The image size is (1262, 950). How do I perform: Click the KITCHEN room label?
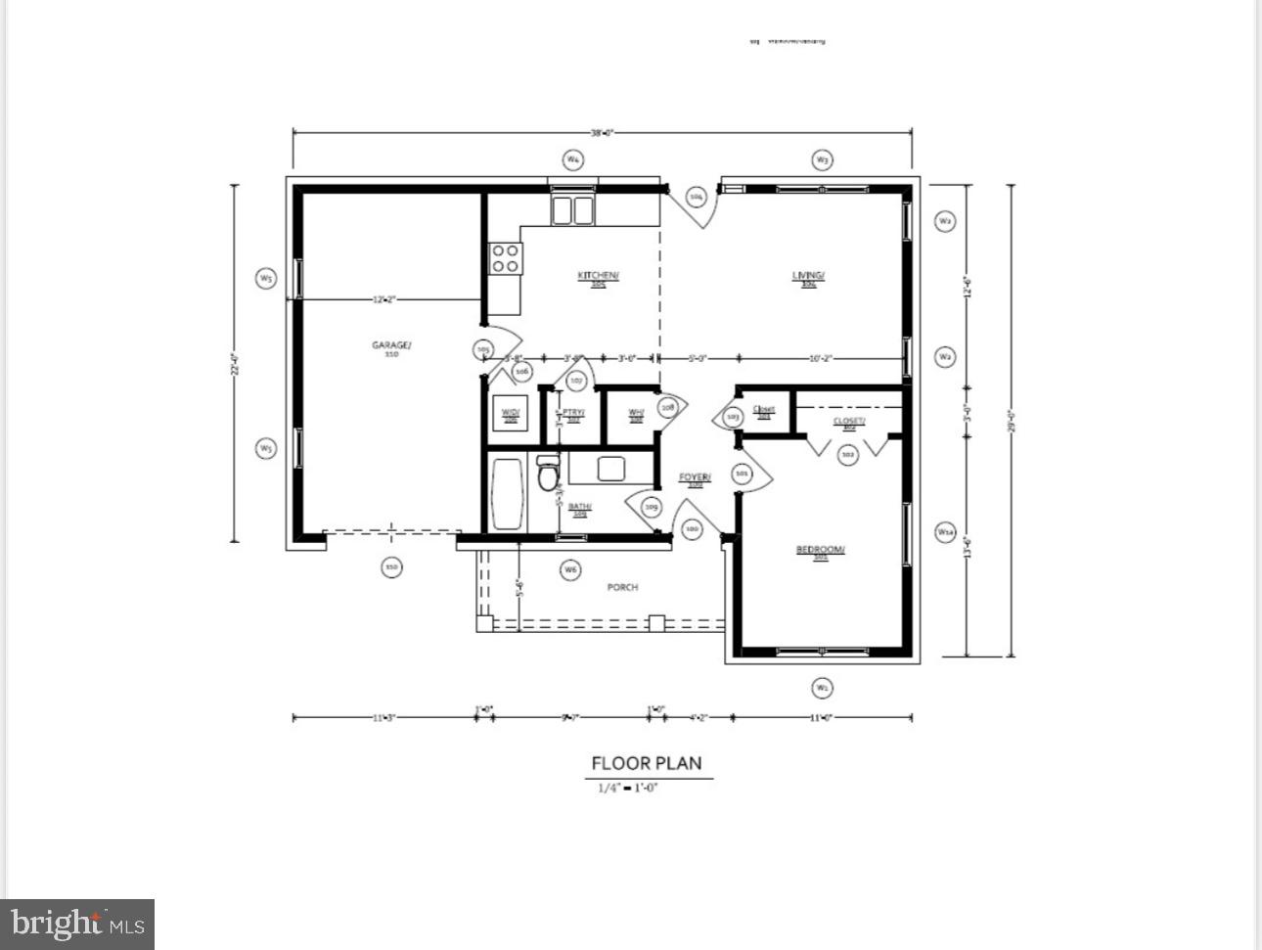tap(598, 277)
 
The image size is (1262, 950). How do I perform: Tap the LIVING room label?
tap(808, 277)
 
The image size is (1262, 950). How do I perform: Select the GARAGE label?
tap(391, 346)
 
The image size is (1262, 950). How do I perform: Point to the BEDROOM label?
tap(820, 551)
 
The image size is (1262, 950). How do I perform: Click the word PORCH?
tap(622, 587)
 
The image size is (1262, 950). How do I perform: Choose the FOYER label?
tap(695, 478)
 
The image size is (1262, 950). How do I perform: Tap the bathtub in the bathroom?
tap(507, 494)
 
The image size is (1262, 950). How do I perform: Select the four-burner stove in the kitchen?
tap(506, 258)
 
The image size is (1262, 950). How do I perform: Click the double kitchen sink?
tap(572, 210)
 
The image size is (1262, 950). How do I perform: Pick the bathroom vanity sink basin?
tap(611, 469)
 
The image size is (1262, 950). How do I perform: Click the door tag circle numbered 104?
tap(697, 198)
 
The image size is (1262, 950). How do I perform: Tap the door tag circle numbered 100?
tap(693, 529)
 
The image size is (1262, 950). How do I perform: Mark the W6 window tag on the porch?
tap(570, 568)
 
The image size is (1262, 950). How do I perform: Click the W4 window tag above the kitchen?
tap(573, 158)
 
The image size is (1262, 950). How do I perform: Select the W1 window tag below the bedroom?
tap(822, 688)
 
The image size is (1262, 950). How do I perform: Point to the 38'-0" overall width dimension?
tap(602, 133)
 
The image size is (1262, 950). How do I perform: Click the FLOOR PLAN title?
tap(647, 763)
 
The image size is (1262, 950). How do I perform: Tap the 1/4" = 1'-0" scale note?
tap(628, 787)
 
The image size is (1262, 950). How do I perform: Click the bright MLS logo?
tap(77, 924)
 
